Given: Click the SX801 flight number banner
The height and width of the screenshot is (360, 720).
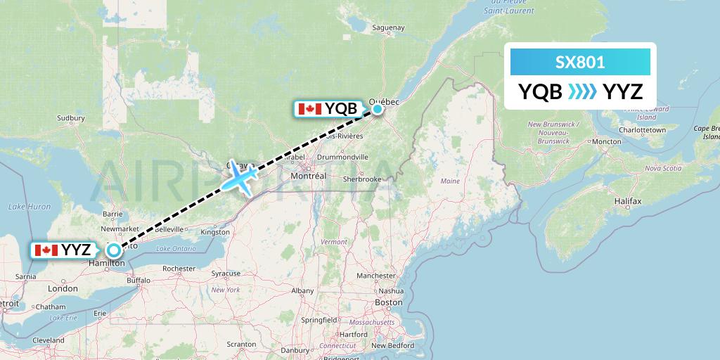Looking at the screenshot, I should (x=580, y=63).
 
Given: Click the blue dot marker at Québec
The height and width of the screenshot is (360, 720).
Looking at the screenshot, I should (x=378, y=108).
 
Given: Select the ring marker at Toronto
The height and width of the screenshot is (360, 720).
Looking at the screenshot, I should (x=112, y=249).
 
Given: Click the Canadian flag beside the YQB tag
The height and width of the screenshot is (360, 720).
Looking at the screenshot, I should (x=309, y=109).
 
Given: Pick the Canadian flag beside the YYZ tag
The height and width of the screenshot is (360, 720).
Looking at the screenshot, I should (x=46, y=250).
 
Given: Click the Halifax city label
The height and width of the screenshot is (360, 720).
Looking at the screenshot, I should (x=627, y=201).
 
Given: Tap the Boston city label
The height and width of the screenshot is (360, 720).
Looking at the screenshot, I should (x=388, y=302).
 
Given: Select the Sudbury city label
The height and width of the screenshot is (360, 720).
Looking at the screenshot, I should (x=70, y=118).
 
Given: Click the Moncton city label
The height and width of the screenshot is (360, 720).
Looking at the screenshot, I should (x=606, y=141).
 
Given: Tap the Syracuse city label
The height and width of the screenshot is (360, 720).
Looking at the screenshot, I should (x=226, y=273).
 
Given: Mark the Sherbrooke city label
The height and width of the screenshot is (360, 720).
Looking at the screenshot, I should (x=362, y=179).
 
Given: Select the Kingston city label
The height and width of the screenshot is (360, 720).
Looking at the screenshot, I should (x=214, y=231).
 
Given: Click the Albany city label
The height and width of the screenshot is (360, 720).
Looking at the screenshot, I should (x=302, y=290).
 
